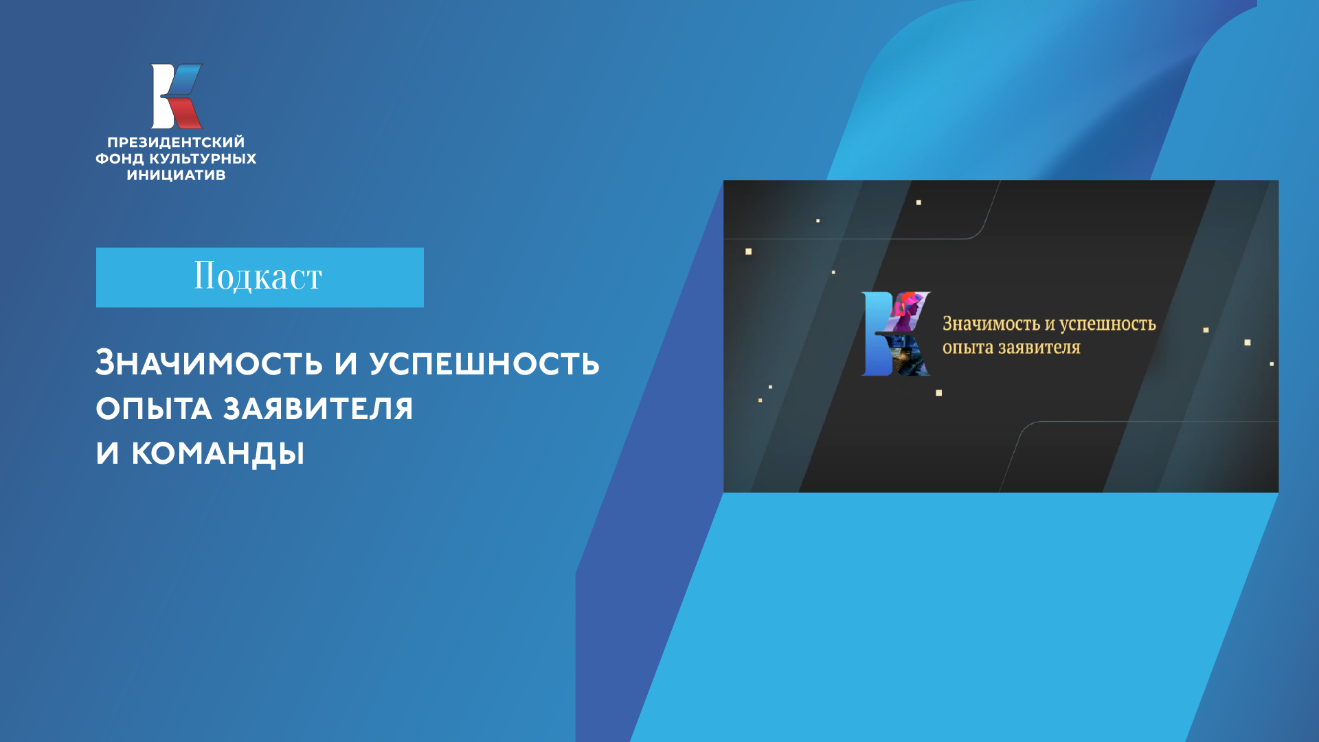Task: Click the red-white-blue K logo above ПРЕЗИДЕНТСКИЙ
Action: [177, 96]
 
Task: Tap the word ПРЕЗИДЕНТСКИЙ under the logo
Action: [176, 142]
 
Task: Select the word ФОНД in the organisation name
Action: [120, 159]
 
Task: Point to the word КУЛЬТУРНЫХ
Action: [203, 159]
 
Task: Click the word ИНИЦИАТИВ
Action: [176, 175]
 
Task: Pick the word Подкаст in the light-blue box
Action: [258, 276]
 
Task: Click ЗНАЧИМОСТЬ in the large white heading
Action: [209, 363]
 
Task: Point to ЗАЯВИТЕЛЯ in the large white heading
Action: [318, 409]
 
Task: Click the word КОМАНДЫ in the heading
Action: [218, 453]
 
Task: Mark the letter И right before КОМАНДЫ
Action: [107, 453]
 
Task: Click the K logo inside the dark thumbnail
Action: [896, 334]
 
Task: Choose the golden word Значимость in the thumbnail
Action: [991, 324]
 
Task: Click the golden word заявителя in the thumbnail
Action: [1039, 348]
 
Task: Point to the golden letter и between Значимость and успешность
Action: [1050, 324]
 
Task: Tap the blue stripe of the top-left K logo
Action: [185, 80]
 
